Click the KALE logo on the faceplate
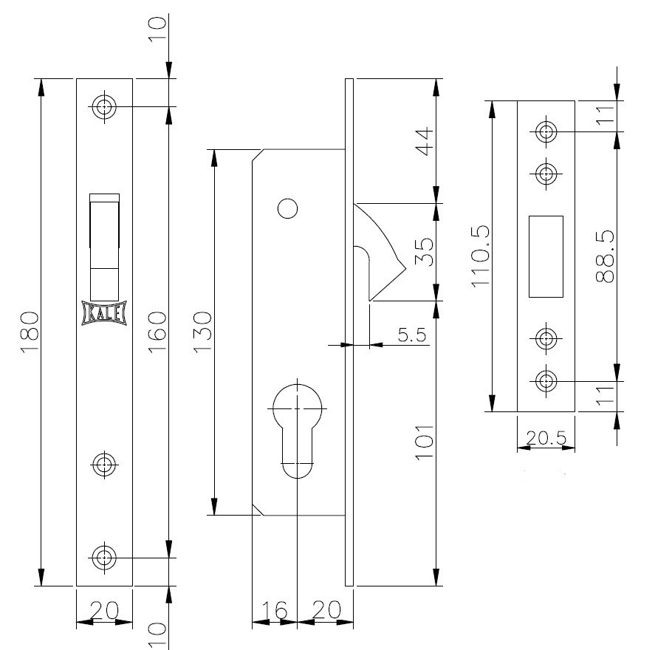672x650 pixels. point(104,314)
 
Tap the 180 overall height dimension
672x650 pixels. point(30,332)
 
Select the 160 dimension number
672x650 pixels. point(157,332)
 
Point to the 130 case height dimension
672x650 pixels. point(203,332)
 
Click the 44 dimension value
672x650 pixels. point(425,142)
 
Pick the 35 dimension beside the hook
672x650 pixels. point(425,252)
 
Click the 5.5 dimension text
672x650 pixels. point(412,335)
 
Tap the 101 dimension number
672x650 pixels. point(425,442)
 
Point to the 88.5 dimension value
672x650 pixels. point(605,256)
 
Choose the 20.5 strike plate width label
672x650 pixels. point(546,438)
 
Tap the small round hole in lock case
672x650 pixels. point(288,209)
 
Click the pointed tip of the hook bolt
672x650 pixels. point(405,270)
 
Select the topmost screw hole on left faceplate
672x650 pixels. point(104,106)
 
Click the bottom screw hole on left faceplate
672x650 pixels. point(104,558)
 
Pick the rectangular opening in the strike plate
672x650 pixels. point(546,256)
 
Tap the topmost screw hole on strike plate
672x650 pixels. point(546,131)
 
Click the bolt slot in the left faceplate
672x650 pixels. point(104,247)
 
